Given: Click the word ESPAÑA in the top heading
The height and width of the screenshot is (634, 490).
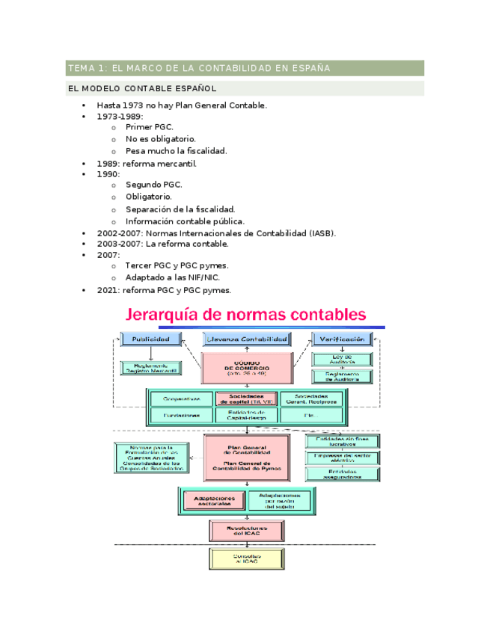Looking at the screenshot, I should coord(312,69).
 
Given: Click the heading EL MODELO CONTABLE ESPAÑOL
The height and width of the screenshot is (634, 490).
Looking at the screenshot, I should coord(142,89).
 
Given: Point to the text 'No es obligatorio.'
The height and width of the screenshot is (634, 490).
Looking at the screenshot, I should coord(161,139).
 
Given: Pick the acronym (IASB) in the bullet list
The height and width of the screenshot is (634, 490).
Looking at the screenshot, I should coord(322,233).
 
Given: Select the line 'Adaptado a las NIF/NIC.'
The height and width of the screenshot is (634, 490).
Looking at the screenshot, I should coord(173,278).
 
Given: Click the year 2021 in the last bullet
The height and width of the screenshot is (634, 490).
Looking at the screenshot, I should coord(108,291).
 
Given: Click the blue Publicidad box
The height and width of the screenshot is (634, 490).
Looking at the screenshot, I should coord(152,339).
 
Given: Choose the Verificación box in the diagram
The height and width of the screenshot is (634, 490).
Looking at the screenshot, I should coord(342,339).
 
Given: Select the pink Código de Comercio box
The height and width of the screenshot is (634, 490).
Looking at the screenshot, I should coord(245,368).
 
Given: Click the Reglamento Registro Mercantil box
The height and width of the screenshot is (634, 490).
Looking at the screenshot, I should coord(151,368).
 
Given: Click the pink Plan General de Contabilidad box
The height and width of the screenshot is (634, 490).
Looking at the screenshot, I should coord(246,458).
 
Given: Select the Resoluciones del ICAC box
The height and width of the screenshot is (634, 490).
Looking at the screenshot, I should coord(246,531).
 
